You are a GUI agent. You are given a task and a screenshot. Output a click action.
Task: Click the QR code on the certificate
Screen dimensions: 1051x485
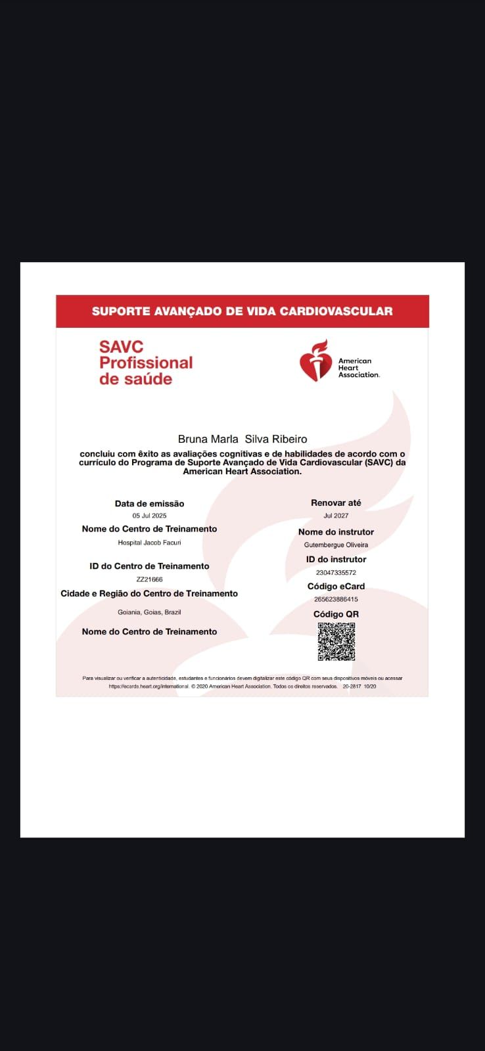point(336,641)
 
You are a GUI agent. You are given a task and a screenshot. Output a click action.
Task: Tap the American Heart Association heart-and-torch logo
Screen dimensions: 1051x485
point(315,361)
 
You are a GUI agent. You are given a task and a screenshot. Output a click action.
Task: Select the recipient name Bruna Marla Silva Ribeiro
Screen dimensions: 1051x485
point(242,439)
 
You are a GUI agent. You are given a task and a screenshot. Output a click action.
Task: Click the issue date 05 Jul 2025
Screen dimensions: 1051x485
point(149,516)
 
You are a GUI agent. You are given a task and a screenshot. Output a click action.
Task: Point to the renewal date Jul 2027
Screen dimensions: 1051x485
point(336,516)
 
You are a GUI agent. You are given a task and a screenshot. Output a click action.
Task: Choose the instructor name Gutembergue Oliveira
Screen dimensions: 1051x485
point(336,545)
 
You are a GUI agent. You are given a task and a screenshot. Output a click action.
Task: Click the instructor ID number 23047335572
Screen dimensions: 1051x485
point(336,573)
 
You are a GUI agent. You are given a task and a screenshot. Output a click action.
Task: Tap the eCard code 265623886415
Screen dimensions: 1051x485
point(336,599)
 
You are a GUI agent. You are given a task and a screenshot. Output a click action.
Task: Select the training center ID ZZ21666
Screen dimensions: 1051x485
point(149,579)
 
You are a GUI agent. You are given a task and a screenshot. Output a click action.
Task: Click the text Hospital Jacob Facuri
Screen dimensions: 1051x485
point(149,543)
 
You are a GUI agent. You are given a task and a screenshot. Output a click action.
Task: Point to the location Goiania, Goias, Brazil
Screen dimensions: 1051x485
point(149,612)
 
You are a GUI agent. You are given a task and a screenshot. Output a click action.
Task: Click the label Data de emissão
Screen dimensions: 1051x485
point(149,504)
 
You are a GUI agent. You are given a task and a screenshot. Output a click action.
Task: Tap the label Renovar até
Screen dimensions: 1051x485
point(336,503)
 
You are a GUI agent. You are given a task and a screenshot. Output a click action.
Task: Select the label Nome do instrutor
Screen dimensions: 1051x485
point(336,532)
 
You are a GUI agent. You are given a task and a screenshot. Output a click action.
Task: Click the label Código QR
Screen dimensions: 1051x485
point(336,614)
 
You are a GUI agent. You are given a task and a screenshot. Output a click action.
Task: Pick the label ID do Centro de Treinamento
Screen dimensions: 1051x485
point(149,566)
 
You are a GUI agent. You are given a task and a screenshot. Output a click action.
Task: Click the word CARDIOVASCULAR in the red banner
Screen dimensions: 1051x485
point(336,311)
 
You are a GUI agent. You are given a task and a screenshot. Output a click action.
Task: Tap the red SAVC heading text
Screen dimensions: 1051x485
point(121,346)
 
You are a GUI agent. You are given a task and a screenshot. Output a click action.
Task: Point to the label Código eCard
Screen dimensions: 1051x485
point(336,587)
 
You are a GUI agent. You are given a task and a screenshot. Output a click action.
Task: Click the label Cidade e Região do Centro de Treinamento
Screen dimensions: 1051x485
point(149,594)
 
